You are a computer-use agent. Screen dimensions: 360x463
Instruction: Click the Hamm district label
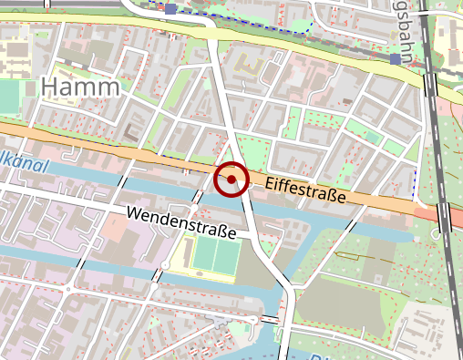click(81, 87)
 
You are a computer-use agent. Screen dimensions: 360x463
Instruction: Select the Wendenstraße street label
click(182, 222)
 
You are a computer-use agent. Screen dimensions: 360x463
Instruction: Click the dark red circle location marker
click(231, 180)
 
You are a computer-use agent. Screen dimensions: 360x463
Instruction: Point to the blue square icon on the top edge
click(171, 9)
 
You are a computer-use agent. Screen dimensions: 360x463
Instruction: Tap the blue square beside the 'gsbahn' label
click(395, 59)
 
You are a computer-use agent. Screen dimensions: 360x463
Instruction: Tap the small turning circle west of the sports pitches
click(165, 265)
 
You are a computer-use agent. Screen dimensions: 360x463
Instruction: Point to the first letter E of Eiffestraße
click(270, 183)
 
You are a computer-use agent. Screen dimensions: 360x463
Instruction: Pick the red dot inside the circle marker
click(231, 180)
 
